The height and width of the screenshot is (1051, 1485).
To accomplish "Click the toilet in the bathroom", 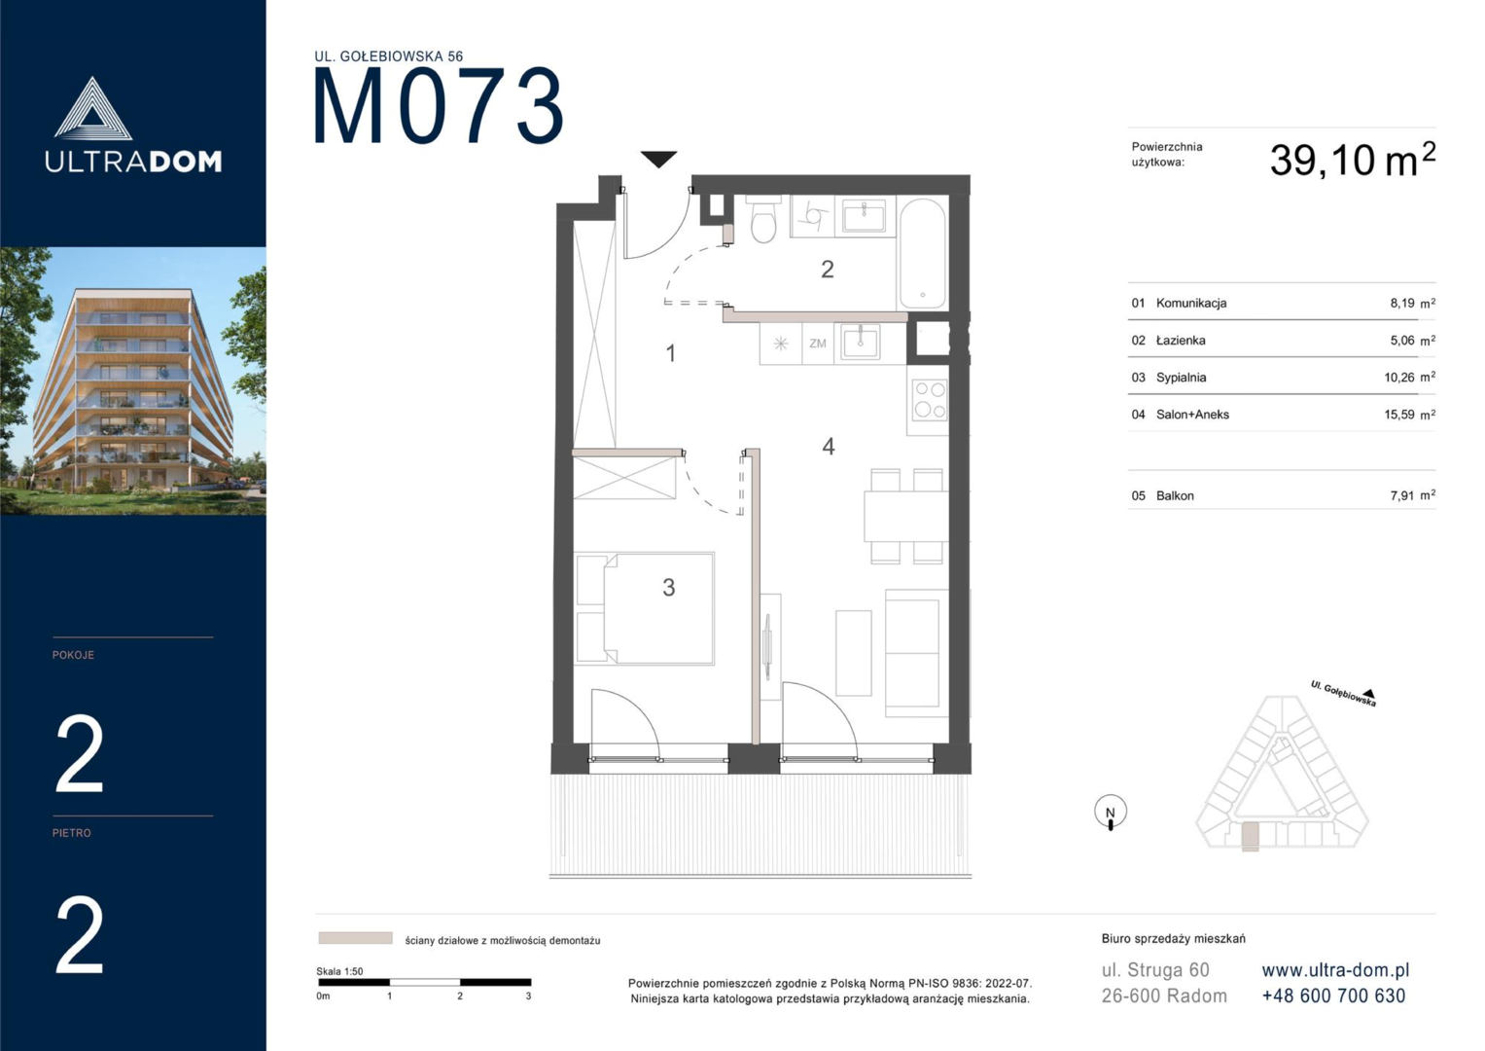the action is point(763,220).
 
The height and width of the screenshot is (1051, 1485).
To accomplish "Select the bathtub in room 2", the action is point(922,253).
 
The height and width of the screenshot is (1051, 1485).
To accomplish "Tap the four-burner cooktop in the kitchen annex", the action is point(930,400).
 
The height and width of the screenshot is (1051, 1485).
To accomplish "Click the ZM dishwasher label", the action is point(818,344).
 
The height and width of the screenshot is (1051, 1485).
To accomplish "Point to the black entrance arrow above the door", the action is point(658,160).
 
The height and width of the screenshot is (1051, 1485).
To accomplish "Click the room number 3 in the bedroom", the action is point(668,587).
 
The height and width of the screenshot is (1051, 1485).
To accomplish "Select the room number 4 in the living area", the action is point(828,447).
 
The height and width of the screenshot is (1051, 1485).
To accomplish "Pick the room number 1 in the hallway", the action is point(671,353).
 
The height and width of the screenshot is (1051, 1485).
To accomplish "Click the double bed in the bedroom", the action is point(645,608).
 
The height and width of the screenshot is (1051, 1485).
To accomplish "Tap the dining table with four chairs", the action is point(906,516).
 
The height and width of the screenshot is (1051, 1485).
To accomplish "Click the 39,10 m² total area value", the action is point(1353,160).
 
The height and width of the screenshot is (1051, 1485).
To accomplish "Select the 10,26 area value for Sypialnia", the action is point(1398,378).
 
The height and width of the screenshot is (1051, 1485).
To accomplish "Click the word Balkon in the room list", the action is point(1175,495).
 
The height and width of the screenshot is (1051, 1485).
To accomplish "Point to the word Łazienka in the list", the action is point(1181,341).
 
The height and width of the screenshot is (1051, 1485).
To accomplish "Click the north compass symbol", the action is point(1111,813).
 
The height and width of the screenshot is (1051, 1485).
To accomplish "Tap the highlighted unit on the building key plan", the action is point(1250,837).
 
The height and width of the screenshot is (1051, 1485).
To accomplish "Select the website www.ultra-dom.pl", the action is point(1335,970).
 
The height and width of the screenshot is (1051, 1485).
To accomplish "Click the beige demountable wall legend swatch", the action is point(355,938).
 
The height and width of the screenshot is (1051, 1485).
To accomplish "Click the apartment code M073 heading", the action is point(439,106).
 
